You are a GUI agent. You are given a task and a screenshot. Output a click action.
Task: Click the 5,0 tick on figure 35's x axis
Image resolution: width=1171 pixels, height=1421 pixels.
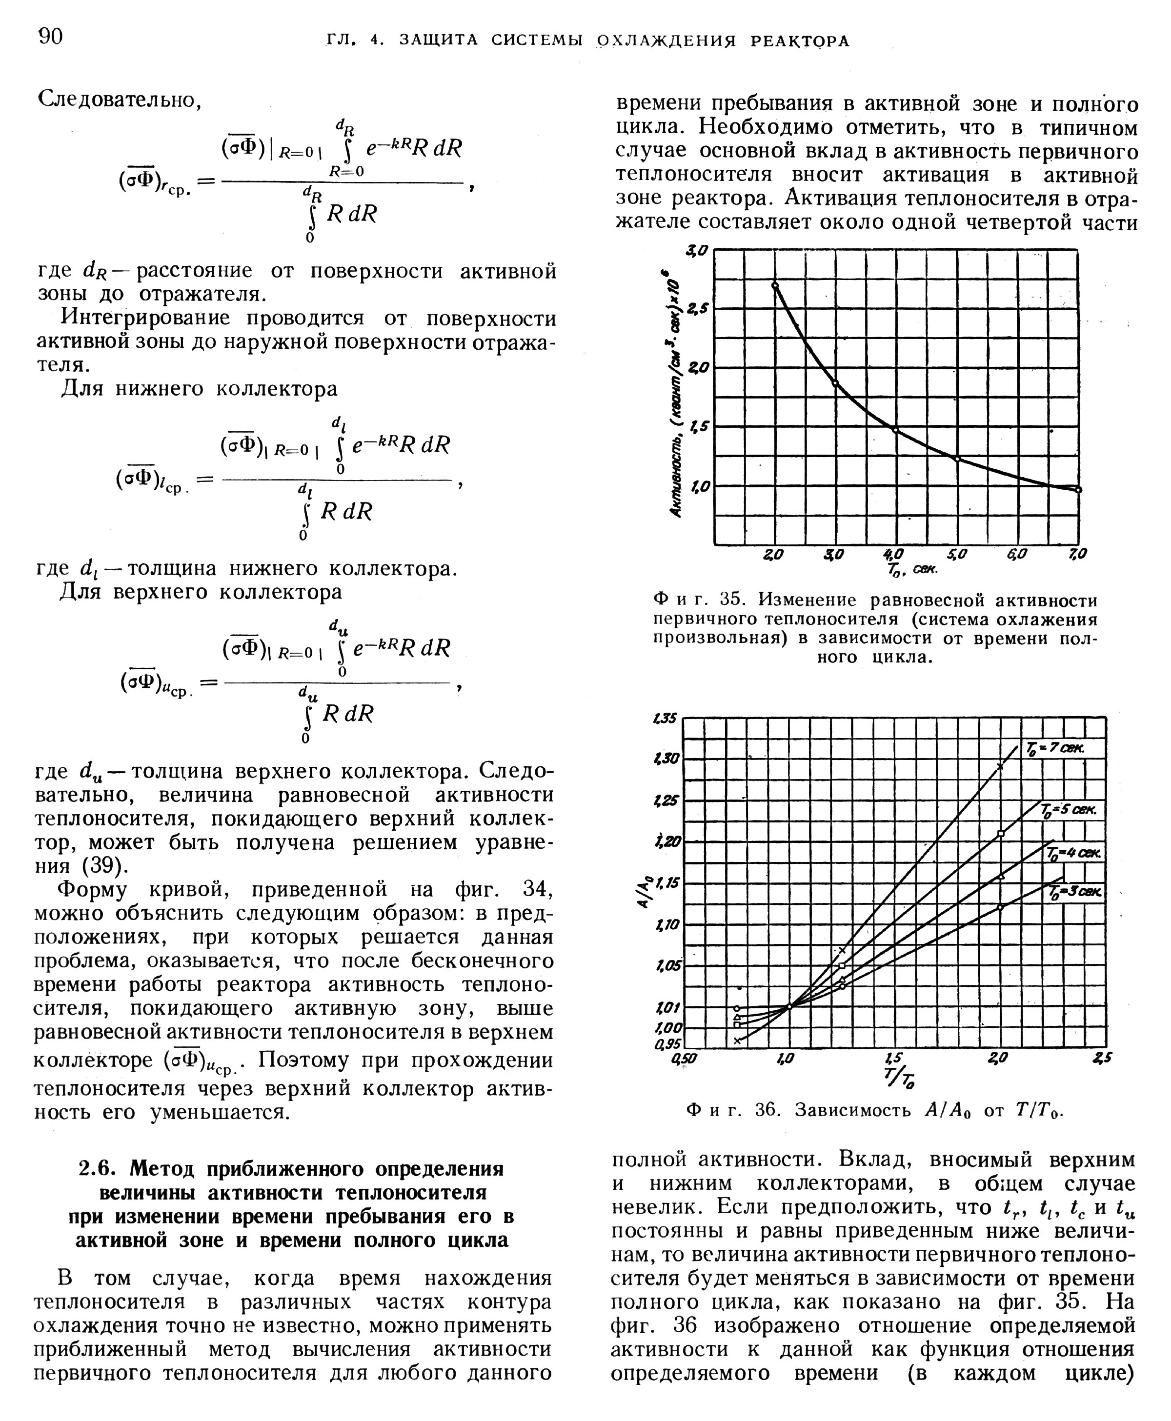[956, 554]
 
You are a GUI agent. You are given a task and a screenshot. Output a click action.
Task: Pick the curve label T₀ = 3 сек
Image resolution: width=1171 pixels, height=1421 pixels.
[1075, 892]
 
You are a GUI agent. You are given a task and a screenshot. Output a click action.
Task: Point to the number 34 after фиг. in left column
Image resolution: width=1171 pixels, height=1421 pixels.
[538, 890]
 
